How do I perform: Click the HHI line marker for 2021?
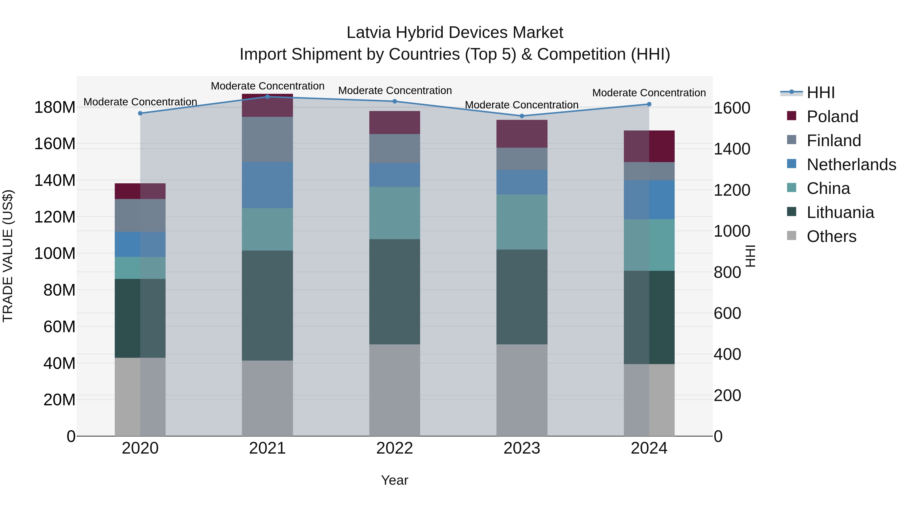click(x=267, y=97)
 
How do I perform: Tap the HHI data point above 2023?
click(x=522, y=116)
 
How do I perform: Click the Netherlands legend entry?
click(x=851, y=165)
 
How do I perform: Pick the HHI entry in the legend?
click(x=820, y=93)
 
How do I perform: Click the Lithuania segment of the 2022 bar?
click(x=395, y=292)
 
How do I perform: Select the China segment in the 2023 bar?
click(x=522, y=222)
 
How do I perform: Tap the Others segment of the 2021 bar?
click(x=267, y=398)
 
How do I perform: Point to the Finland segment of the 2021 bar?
click(x=267, y=139)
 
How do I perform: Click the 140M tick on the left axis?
click(x=55, y=181)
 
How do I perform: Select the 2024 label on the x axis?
click(x=649, y=448)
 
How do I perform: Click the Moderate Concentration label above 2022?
click(x=395, y=91)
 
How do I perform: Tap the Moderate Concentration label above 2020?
click(x=140, y=102)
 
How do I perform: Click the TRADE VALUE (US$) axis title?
click(x=8, y=256)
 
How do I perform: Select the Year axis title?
click(x=395, y=480)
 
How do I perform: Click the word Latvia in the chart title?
click(x=369, y=33)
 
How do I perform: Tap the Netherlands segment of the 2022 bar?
click(x=395, y=175)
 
